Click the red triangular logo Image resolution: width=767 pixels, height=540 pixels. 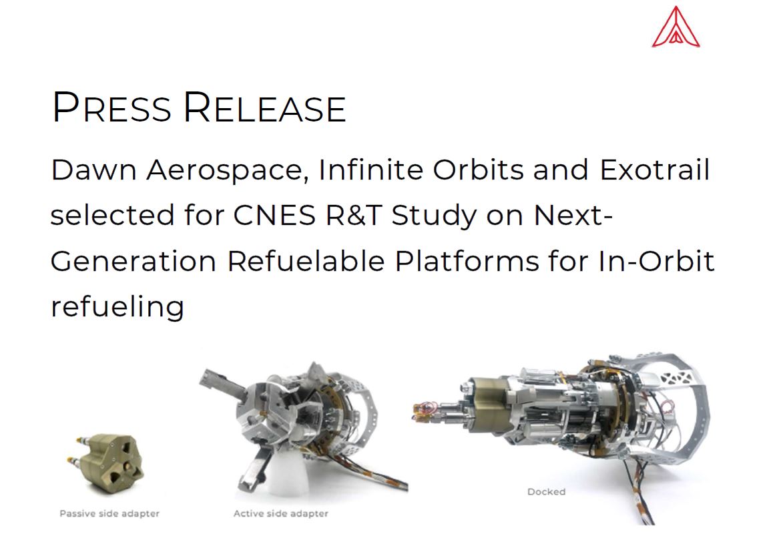[x=676, y=27]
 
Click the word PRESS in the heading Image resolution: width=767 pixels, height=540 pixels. [x=111, y=107]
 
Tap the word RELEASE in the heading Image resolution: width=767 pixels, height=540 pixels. [x=265, y=107]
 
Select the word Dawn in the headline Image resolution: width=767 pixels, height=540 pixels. [x=93, y=170]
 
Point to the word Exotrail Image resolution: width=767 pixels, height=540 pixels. [x=654, y=170]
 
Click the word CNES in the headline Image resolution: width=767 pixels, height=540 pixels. [x=274, y=215]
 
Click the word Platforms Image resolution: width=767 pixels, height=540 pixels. [x=467, y=261]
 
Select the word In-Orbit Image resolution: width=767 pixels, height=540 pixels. [x=656, y=261]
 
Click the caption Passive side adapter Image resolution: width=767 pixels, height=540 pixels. [x=109, y=513]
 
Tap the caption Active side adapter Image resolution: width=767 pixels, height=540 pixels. [x=281, y=513]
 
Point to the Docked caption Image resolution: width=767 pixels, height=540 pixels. [x=547, y=491]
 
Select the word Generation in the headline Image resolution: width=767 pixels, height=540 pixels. [x=134, y=261]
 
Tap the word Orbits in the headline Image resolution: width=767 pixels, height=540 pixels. [x=478, y=170]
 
